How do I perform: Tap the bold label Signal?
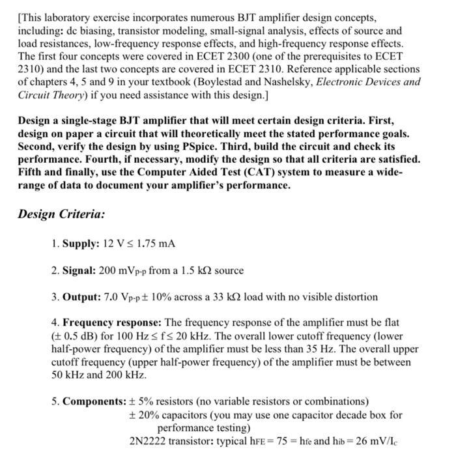(79, 270)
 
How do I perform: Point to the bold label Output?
(81, 296)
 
